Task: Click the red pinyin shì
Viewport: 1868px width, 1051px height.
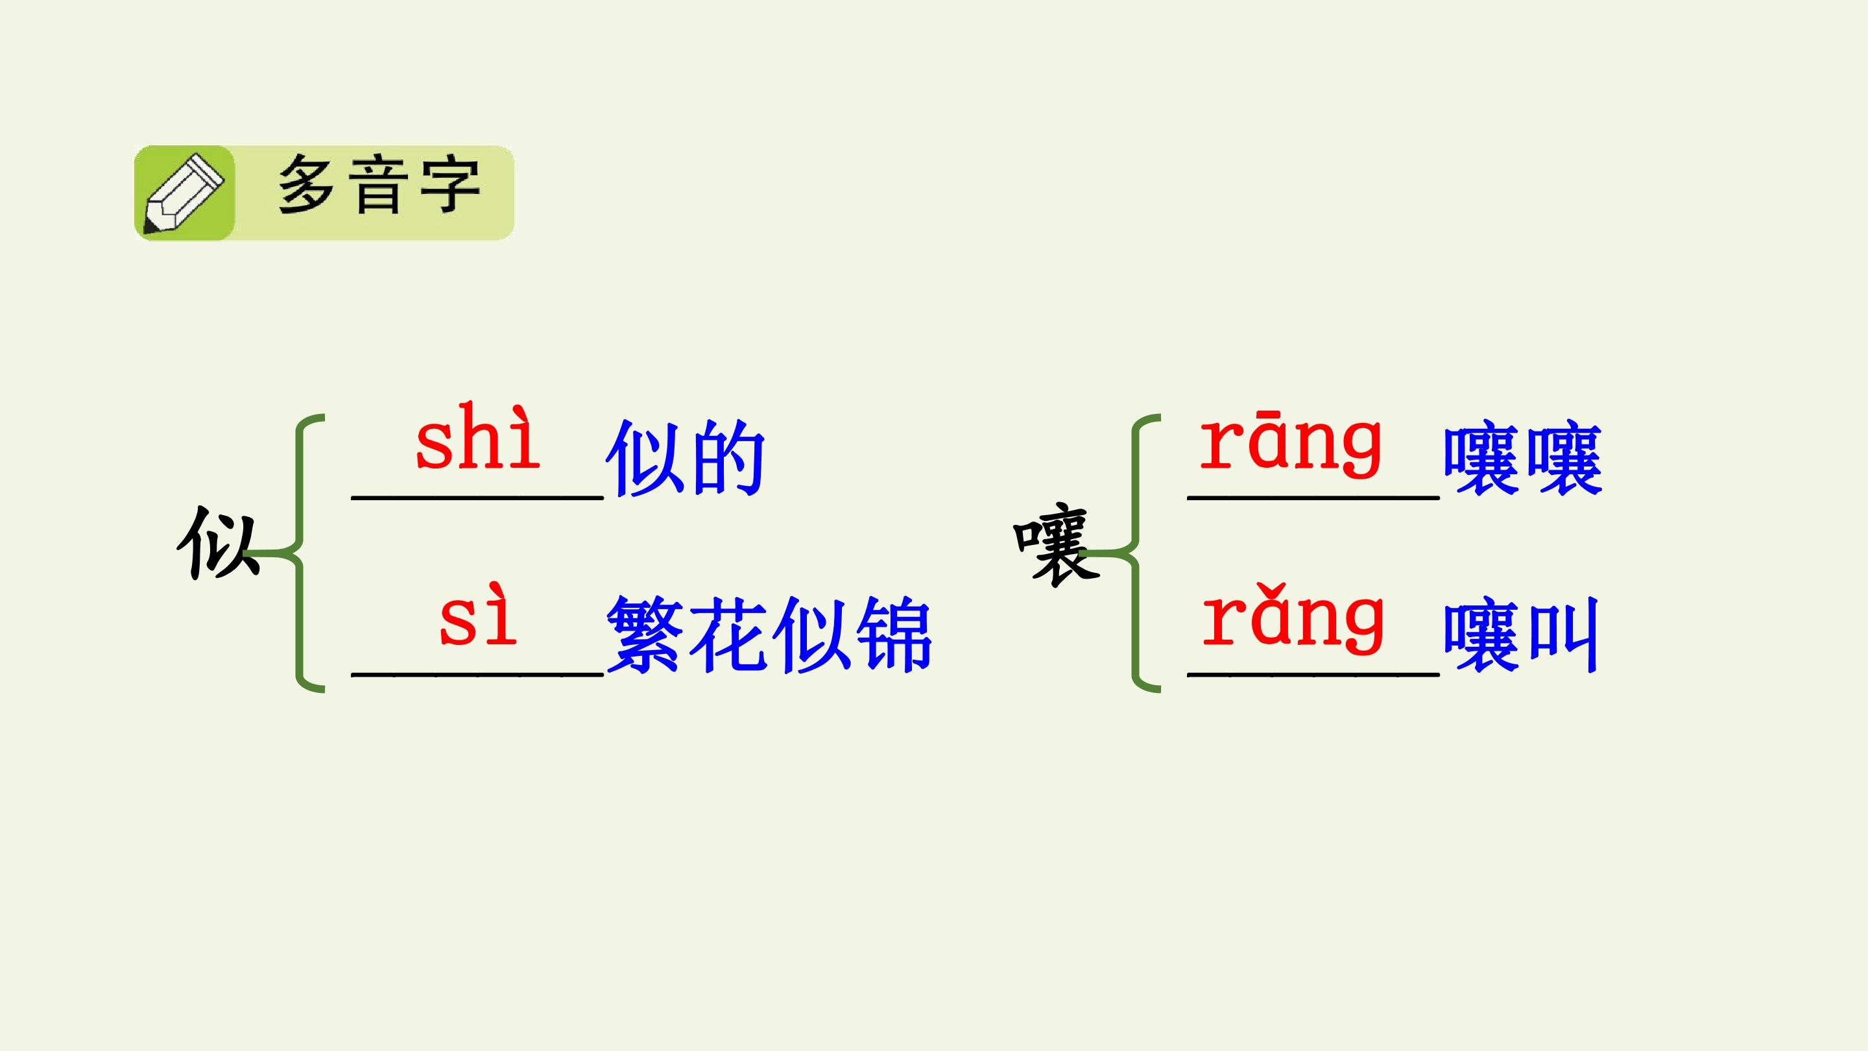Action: (478, 437)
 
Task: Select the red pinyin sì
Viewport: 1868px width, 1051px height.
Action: (478, 614)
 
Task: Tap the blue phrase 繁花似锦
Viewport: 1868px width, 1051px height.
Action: (769, 634)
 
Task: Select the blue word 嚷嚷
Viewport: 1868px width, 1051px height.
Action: (1522, 459)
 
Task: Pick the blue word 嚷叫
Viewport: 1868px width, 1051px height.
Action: (1520, 634)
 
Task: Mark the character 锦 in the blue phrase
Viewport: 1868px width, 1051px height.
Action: (892, 634)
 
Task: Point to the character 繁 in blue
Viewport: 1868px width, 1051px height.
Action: (645, 634)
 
